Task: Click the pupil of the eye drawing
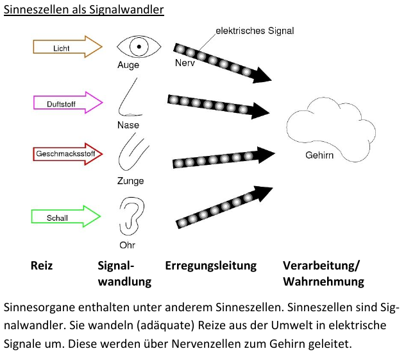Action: (x=137, y=46)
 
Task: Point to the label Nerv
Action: (x=185, y=64)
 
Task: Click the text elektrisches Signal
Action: (x=254, y=30)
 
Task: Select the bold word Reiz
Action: (x=42, y=266)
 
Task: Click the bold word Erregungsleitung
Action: (x=210, y=266)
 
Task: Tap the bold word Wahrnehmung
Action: (x=323, y=282)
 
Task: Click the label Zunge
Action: (x=130, y=181)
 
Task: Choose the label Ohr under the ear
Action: (x=128, y=244)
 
